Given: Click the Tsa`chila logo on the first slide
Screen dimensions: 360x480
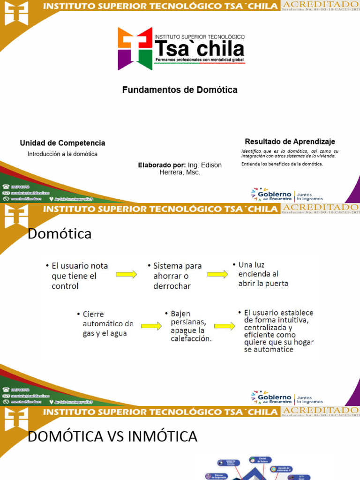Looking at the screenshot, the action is click(181, 48).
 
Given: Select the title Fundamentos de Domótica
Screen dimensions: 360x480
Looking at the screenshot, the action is click(180, 90).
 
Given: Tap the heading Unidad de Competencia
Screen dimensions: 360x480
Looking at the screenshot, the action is click(62, 143).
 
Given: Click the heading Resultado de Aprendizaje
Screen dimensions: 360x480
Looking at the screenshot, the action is click(290, 141).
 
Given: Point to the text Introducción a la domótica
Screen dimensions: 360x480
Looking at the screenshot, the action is click(62, 154).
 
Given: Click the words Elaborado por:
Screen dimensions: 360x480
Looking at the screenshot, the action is click(162, 165).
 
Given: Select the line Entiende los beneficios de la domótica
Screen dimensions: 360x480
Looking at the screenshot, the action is click(282, 164).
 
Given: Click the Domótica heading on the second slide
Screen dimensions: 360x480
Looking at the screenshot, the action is click(60, 233).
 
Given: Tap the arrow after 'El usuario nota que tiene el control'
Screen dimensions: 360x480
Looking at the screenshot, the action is click(126, 274).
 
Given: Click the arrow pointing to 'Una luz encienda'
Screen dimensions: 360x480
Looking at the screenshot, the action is click(218, 274).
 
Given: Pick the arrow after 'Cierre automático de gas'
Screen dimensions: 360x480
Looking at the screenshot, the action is click(151, 325).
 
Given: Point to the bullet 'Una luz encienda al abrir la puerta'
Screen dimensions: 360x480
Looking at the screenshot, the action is click(262, 274).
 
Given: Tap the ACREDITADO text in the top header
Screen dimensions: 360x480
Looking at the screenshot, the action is click(320, 5).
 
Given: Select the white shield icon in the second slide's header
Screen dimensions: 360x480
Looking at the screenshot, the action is click(16, 216).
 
